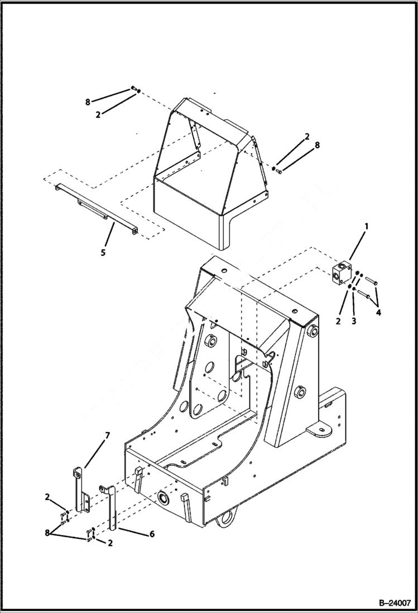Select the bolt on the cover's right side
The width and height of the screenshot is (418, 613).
point(279,170)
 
